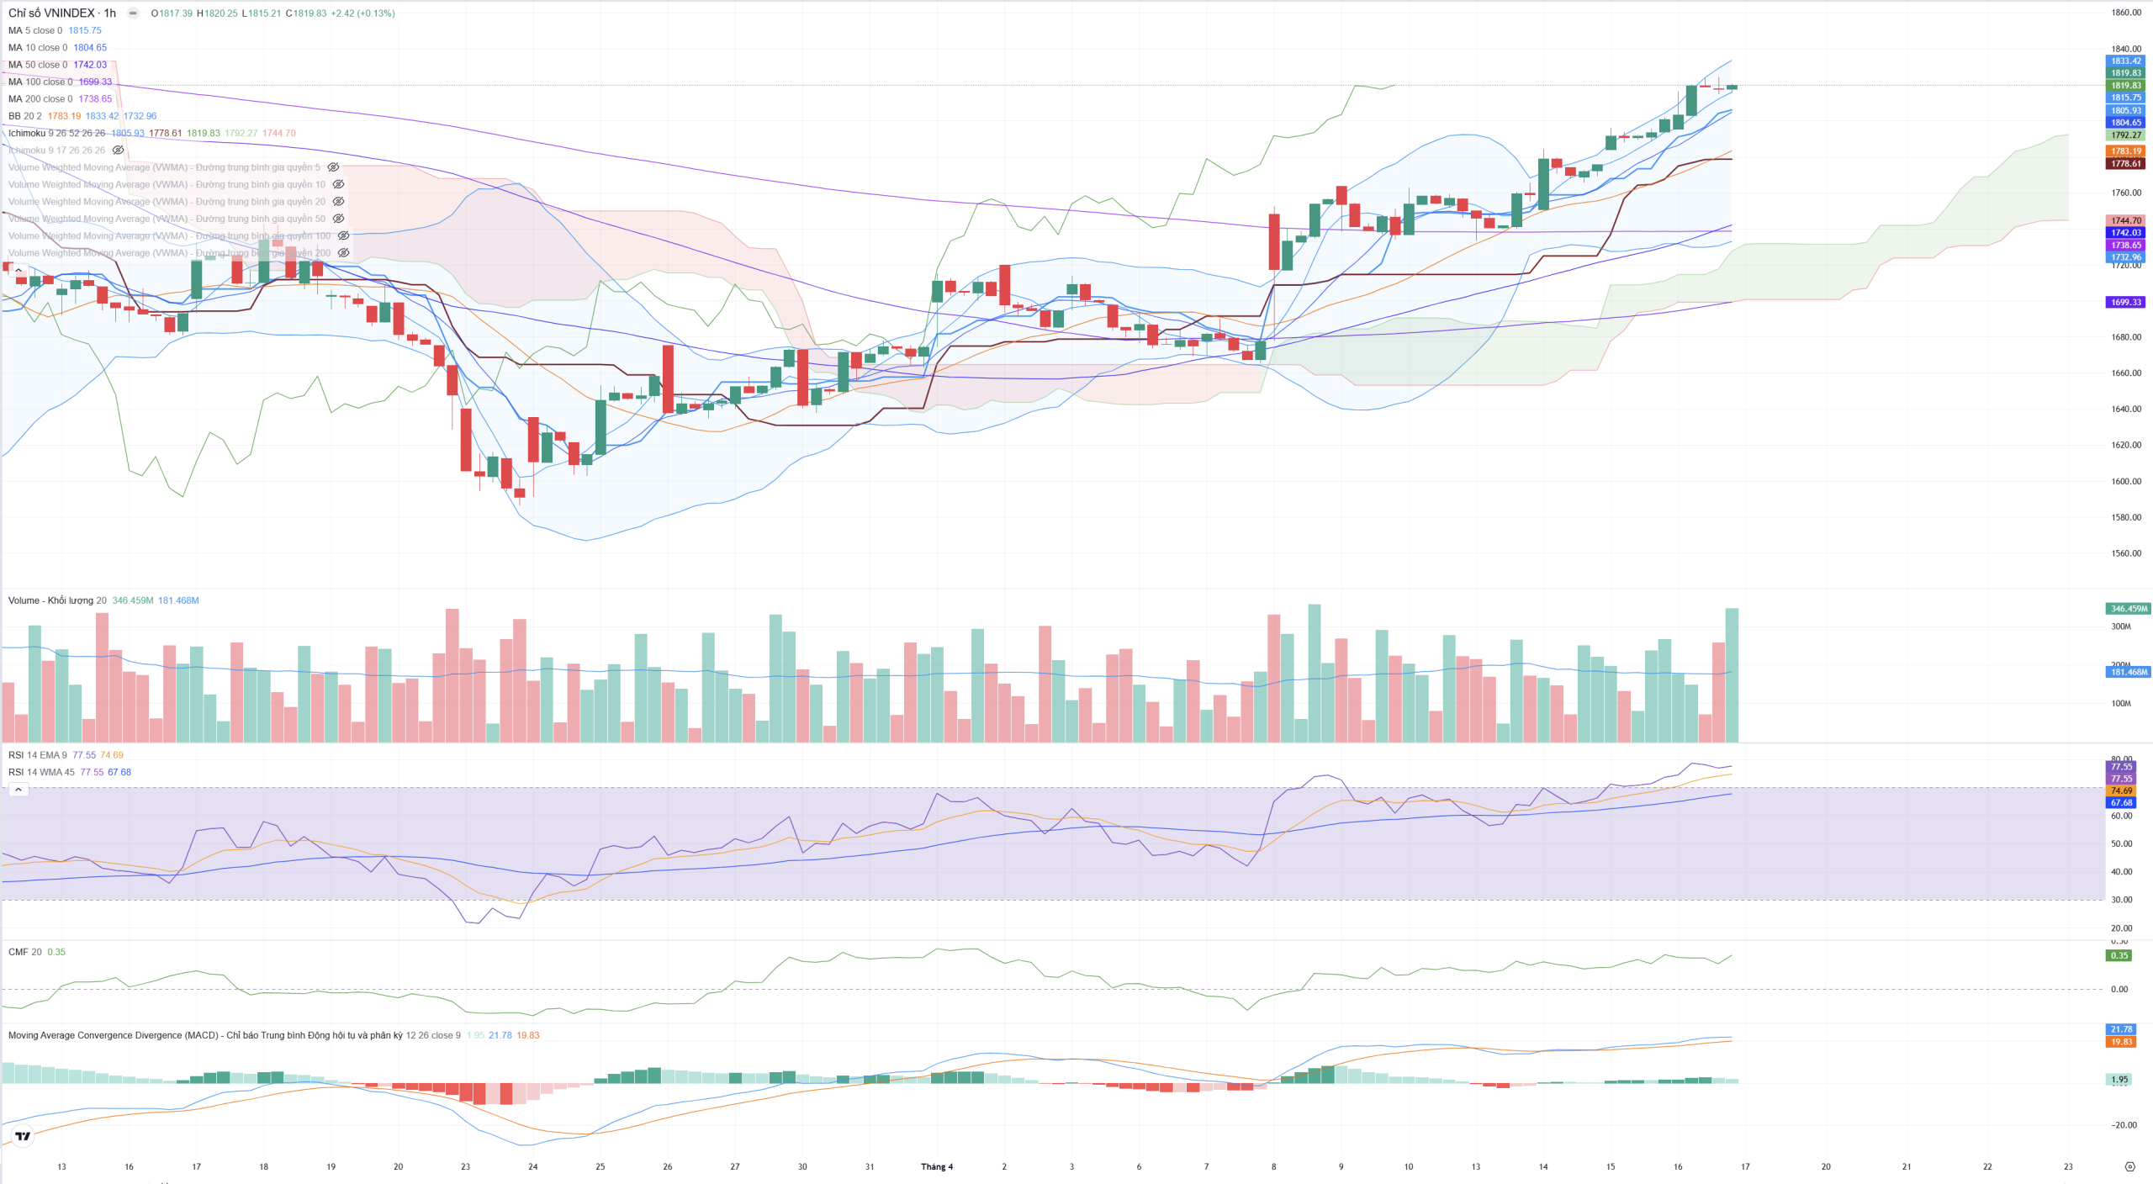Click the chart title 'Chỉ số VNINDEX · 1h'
tap(61, 13)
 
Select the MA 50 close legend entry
tap(38, 65)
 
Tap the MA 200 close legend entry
tap(40, 99)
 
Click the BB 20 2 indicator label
tap(25, 116)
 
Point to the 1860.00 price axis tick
tap(2125, 13)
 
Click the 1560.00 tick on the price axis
tap(2125, 553)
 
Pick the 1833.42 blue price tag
tap(2125, 61)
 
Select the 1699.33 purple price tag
tap(2125, 303)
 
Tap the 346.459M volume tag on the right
tap(2127, 609)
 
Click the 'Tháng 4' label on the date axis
tap(937, 1167)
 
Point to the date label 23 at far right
tap(2068, 1167)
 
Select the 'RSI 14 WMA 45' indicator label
tap(41, 772)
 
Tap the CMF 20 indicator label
tap(25, 952)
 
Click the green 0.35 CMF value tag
tap(2119, 955)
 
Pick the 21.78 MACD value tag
tap(2121, 1029)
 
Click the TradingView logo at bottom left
tap(23, 1136)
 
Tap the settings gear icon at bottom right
tap(2129, 1167)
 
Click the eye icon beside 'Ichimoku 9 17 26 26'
tap(119, 151)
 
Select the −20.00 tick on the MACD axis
tap(2124, 1125)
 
